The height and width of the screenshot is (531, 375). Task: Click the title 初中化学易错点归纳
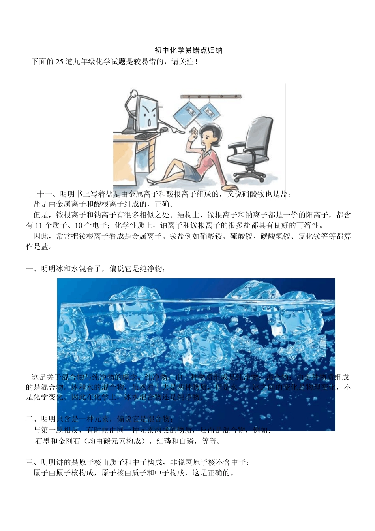pyautogui.click(x=188, y=50)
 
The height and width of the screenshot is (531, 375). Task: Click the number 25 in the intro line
pyautogui.click(x=59, y=62)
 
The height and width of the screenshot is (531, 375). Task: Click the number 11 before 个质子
pyautogui.click(x=38, y=226)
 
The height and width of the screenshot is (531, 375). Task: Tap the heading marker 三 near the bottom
pyautogui.click(x=30, y=462)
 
